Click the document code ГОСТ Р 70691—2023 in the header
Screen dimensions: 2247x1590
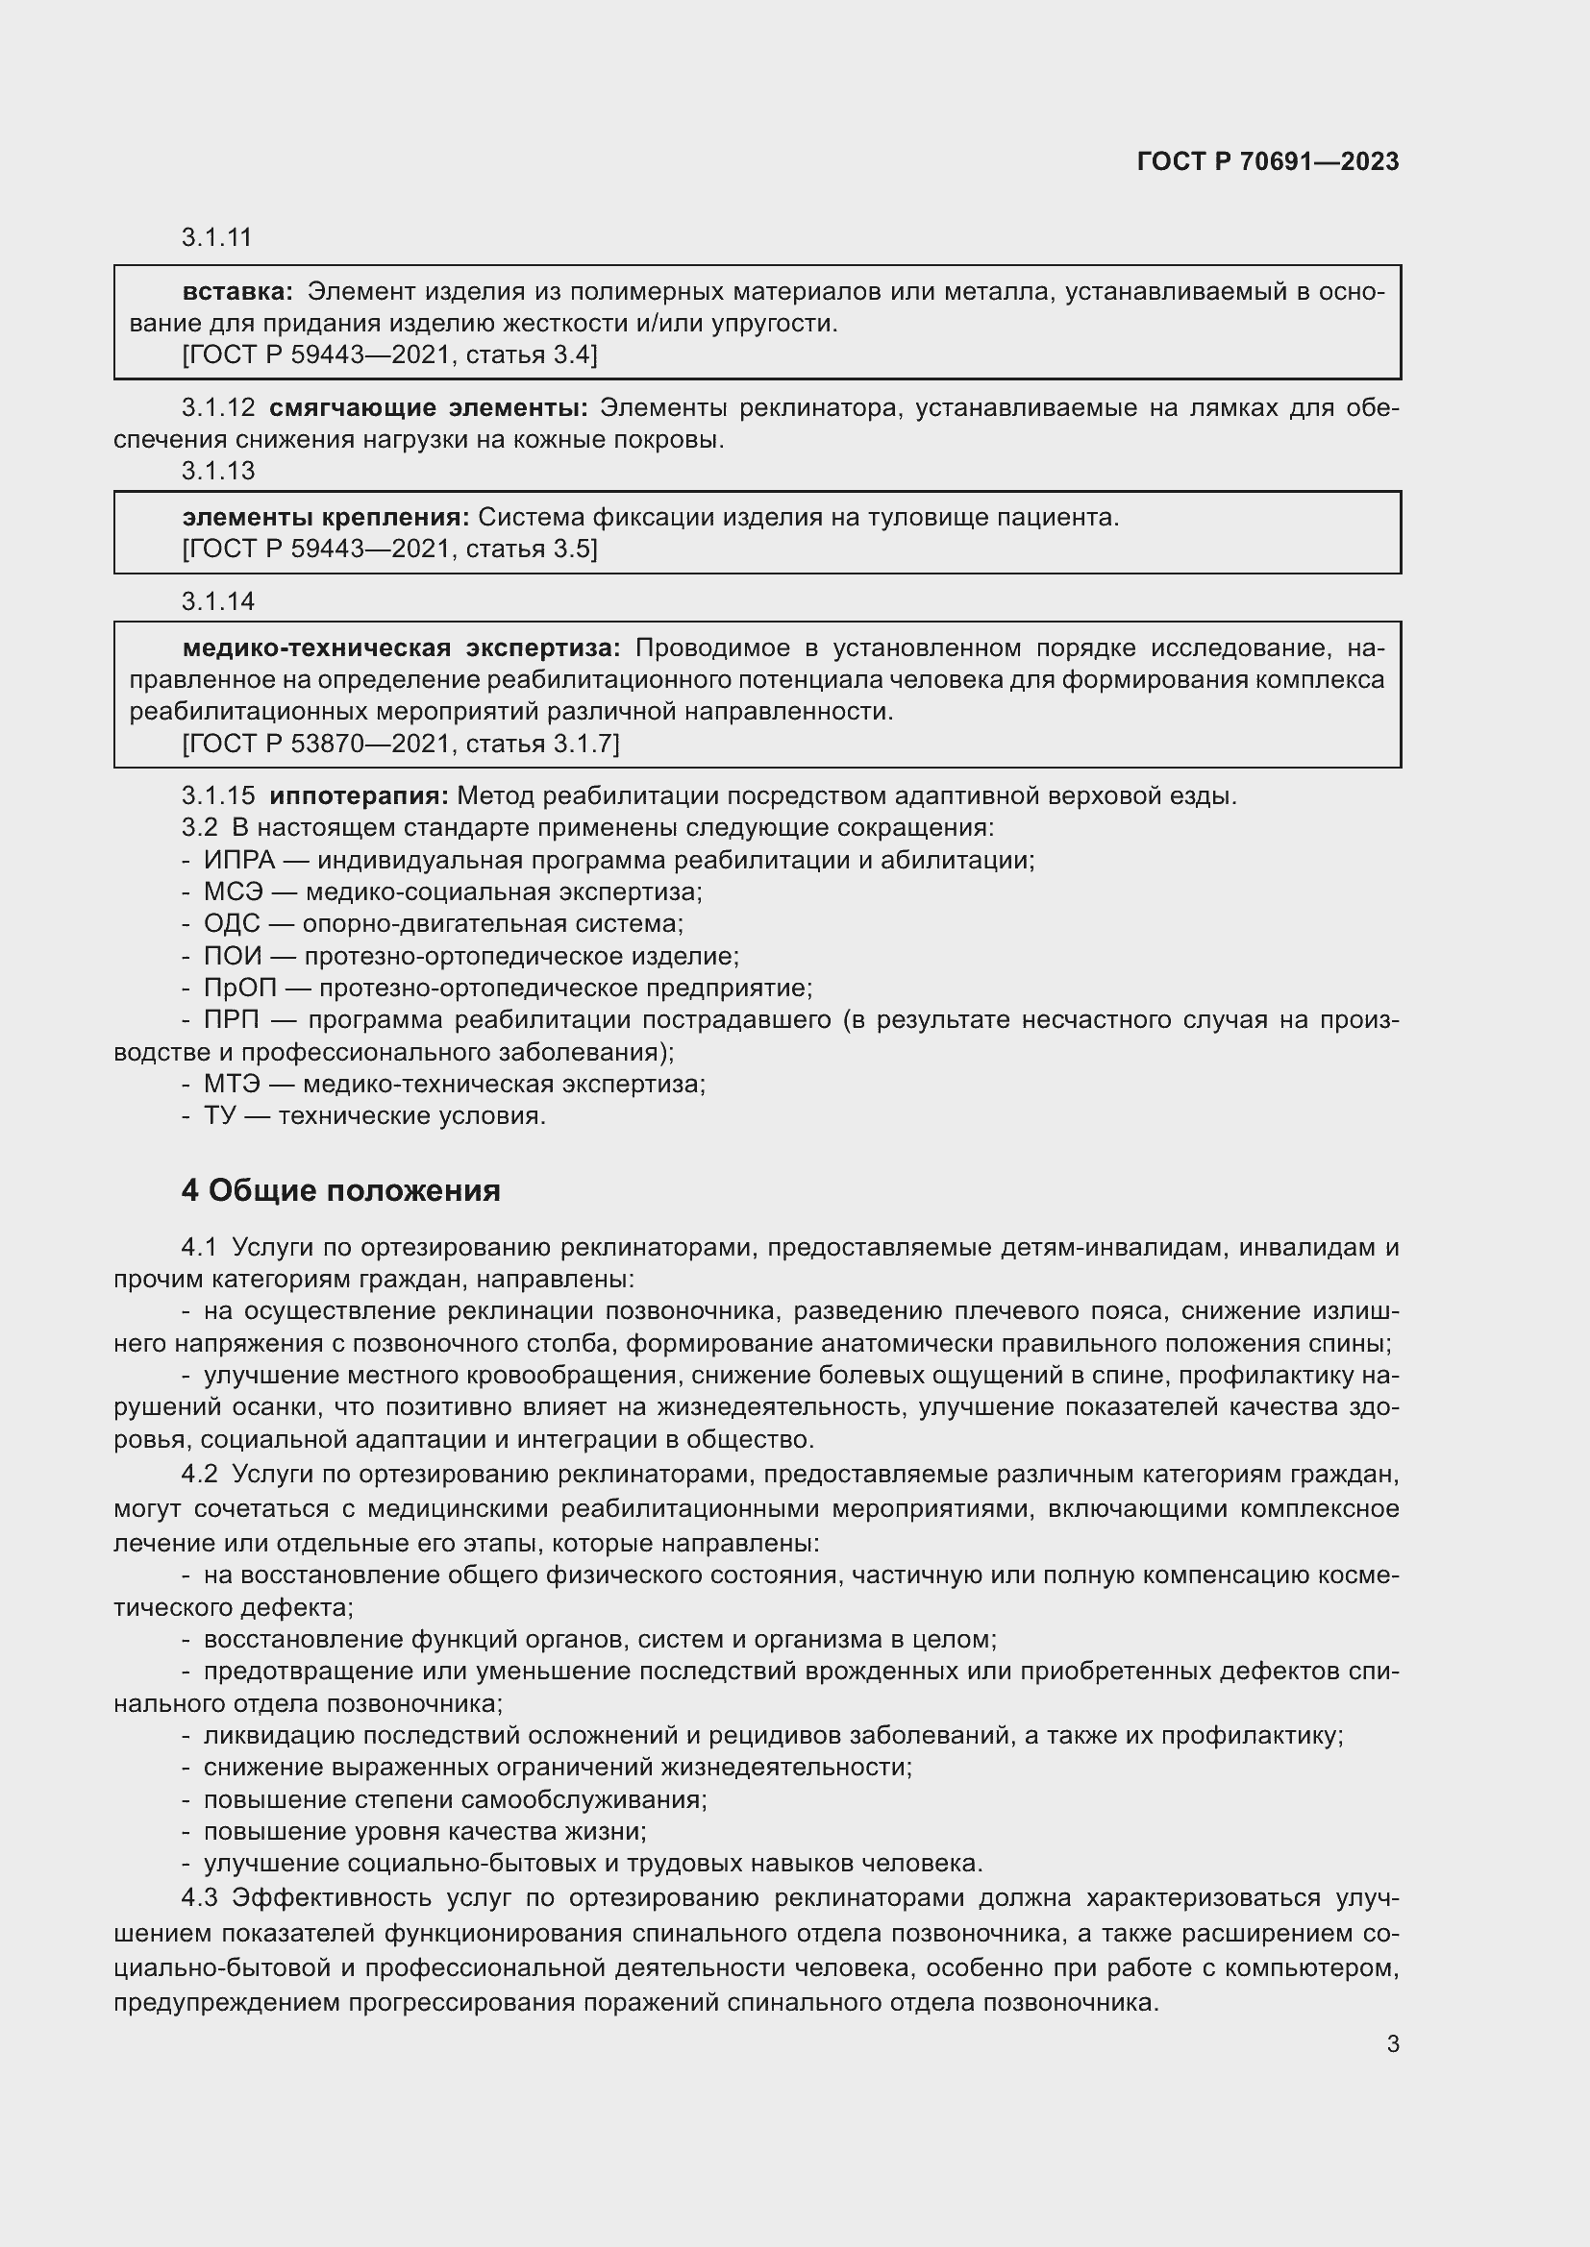[x=1267, y=161]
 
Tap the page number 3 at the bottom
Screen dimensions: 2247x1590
[x=1392, y=2043]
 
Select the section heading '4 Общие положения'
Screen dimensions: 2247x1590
[x=340, y=1190]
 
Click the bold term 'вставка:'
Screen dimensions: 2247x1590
[x=237, y=292]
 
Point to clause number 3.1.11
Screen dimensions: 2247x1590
[x=217, y=237]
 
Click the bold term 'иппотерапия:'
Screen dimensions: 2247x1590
[x=359, y=795]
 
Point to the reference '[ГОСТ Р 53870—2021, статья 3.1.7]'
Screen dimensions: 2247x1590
[x=401, y=744]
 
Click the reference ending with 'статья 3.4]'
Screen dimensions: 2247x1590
[x=389, y=354]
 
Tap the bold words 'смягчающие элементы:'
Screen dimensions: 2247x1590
[x=429, y=407]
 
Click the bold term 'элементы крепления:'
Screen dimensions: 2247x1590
[x=326, y=517]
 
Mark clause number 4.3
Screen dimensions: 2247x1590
[x=199, y=1897]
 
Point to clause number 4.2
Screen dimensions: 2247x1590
[x=199, y=1474]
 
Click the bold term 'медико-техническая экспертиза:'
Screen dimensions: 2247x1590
[x=402, y=647]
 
